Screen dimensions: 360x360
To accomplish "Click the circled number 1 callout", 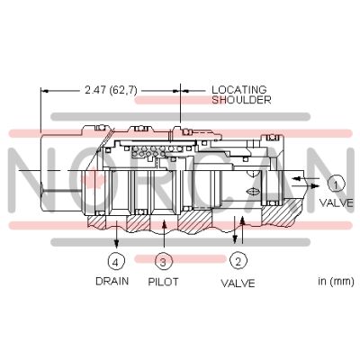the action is (336, 184).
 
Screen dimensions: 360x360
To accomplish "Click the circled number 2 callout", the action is (238, 262).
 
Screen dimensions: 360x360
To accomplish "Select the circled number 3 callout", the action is (163, 262).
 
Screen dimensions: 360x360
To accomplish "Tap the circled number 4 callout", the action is (116, 262).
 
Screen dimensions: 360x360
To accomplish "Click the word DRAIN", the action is (112, 281).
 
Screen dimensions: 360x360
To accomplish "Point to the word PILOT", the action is (163, 282).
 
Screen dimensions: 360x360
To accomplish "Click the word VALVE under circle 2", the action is (238, 283).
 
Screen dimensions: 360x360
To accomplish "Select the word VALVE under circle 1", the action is (337, 202).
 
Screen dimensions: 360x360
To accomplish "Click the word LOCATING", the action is (239, 90).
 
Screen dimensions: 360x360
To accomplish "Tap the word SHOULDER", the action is (241, 100).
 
